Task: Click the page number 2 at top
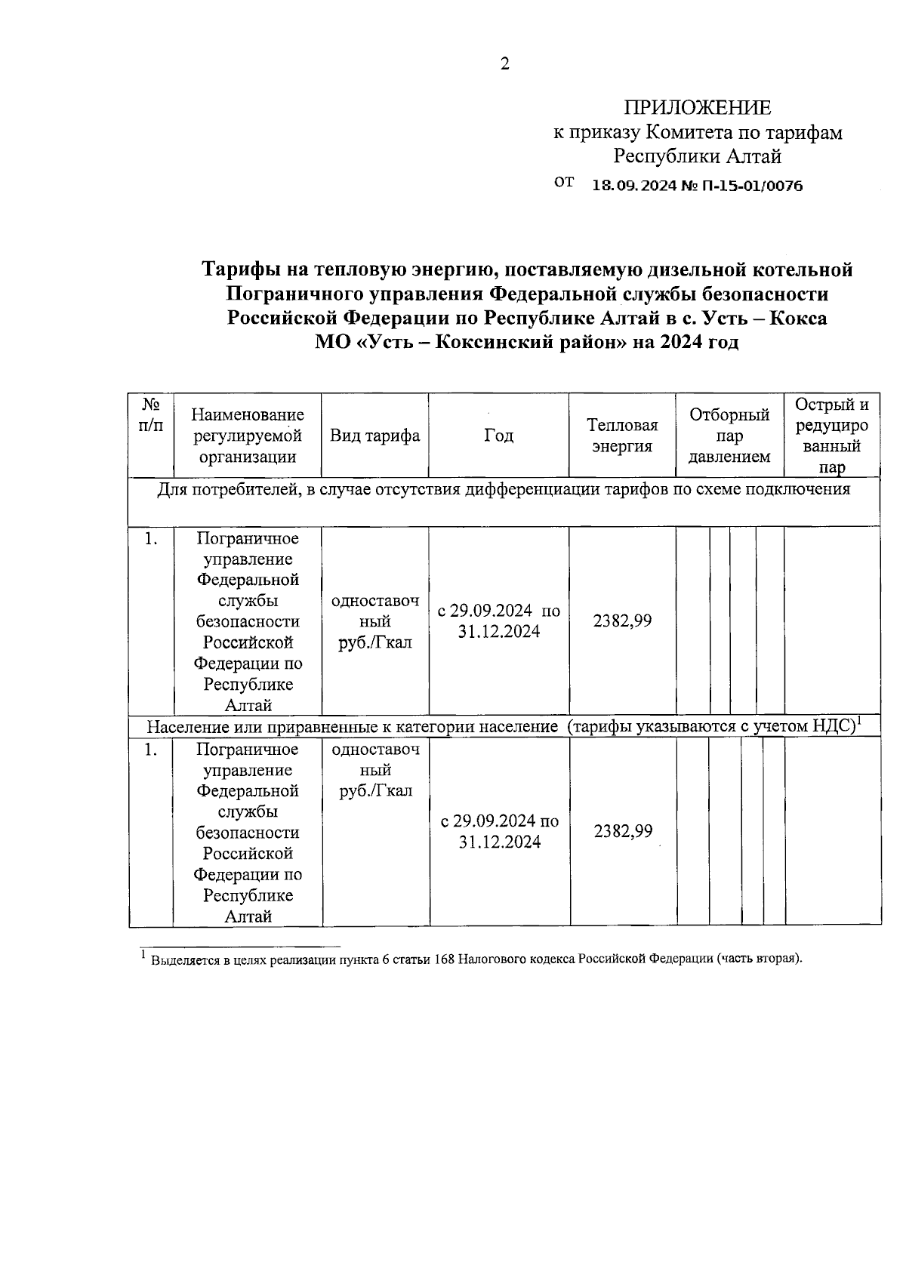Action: point(505,64)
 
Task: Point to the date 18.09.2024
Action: point(632,185)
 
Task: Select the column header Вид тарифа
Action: point(374,436)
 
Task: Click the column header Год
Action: point(498,436)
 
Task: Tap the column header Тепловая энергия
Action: point(622,436)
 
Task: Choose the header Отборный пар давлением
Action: point(729,436)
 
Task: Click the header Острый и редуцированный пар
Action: point(832,436)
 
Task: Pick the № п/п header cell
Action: point(150,414)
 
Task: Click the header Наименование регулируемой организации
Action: point(248,436)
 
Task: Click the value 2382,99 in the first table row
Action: point(622,621)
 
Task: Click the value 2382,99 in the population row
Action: point(623,831)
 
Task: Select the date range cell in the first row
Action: point(498,621)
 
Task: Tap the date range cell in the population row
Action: point(499,831)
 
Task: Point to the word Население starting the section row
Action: point(181,727)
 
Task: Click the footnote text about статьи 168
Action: point(476,959)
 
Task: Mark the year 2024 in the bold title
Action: point(680,342)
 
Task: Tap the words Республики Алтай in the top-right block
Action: point(697,157)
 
